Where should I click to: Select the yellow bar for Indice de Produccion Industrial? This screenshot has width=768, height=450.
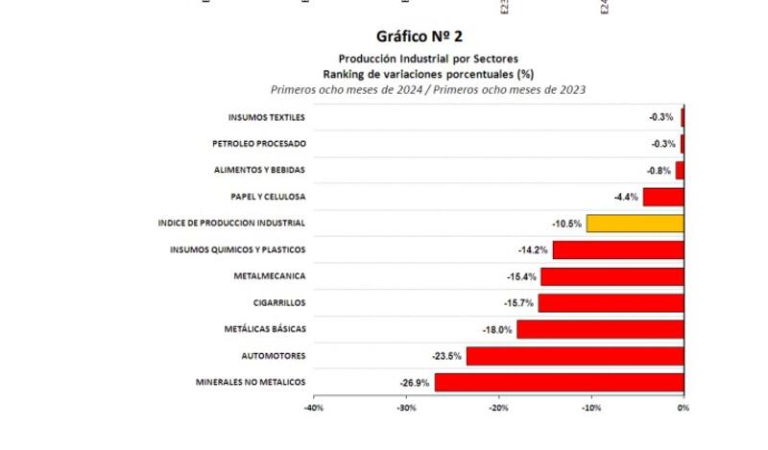point(635,224)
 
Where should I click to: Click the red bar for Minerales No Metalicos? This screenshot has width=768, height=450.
point(559,383)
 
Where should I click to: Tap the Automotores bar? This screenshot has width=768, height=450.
point(575,356)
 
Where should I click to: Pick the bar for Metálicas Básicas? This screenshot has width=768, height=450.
point(600,329)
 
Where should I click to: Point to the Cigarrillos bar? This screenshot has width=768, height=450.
point(611,303)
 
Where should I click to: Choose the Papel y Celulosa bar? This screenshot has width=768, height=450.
point(662,197)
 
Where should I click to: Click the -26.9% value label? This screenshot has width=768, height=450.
point(415,383)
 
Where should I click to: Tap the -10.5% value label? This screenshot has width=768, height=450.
point(566,224)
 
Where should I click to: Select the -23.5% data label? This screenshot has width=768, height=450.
point(447,356)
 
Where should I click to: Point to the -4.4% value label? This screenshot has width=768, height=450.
point(626,197)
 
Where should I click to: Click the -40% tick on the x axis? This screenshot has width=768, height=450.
point(313,407)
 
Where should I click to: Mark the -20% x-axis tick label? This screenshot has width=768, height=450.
point(498,407)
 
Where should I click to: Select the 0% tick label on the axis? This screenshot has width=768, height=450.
point(683,407)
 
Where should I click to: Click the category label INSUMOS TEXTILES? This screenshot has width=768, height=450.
point(266,118)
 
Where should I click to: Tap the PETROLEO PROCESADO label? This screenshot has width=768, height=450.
point(258,144)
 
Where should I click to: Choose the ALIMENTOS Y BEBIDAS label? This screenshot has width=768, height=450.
point(259,171)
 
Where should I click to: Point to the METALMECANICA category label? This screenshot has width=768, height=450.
point(269,276)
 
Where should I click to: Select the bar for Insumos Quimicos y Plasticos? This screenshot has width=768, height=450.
point(617,250)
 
